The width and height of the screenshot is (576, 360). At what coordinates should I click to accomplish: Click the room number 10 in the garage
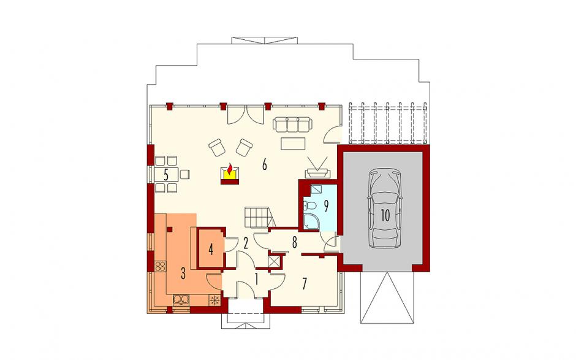(x=385, y=215)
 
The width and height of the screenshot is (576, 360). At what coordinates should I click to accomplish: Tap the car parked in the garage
(x=385, y=208)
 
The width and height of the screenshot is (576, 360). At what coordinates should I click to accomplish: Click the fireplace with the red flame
(x=230, y=174)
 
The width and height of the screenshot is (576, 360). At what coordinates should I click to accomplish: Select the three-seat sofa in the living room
(x=292, y=124)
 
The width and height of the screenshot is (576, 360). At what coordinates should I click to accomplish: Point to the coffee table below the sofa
(x=293, y=144)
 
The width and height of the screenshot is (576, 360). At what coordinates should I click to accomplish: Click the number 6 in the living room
(x=264, y=165)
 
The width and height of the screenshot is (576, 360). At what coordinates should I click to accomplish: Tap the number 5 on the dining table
(x=166, y=175)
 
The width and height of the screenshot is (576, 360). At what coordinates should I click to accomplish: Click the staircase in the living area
(x=259, y=217)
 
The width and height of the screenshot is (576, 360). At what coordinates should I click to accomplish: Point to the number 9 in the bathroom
(x=326, y=206)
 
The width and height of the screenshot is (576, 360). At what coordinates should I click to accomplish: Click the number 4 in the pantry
(x=211, y=250)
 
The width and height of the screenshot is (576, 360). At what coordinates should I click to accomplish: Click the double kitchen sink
(x=181, y=300)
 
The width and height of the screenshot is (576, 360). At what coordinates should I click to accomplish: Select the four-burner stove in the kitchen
(x=160, y=266)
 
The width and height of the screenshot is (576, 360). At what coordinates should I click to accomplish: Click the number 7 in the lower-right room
(x=305, y=284)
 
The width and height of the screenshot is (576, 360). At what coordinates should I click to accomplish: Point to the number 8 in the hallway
(x=294, y=242)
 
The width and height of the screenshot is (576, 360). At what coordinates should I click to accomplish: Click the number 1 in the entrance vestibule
(x=257, y=280)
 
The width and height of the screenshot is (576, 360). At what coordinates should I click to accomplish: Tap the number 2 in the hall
(x=246, y=242)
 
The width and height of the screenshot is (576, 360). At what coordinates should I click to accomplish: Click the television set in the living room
(x=317, y=167)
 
